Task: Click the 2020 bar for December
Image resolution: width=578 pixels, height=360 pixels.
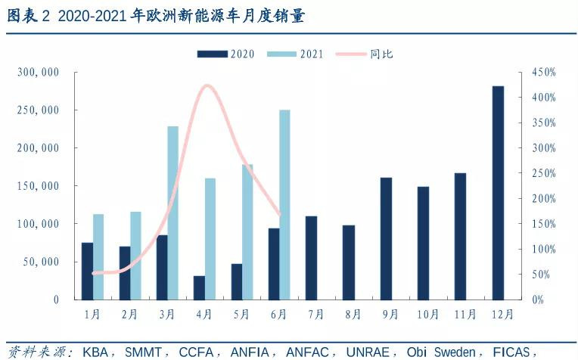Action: [x=498, y=193]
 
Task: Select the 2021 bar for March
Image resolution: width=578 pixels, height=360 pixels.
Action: [x=173, y=213]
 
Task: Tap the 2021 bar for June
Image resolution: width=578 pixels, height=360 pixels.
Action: [x=284, y=204]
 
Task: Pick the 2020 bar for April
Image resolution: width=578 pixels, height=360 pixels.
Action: [x=199, y=287]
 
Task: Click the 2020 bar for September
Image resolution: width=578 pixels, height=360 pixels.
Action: [x=386, y=238]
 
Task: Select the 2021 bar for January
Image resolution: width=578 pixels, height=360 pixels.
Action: [x=98, y=256]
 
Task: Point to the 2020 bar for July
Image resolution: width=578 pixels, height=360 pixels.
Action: [x=311, y=257]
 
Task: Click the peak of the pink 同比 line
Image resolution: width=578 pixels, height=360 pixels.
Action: [x=207, y=85]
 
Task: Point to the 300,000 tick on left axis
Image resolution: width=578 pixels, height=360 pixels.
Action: [x=38, y=73]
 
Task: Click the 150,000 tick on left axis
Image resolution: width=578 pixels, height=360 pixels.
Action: [x=38, y=186]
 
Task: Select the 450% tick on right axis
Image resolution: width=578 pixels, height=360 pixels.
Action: [x=543, y=73]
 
